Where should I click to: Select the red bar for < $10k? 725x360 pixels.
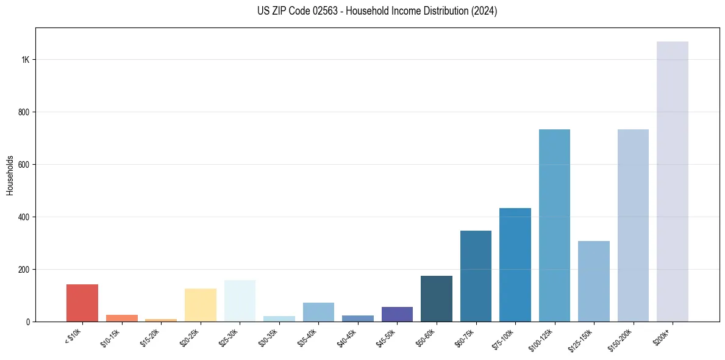82,303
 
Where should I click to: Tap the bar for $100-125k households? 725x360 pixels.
554,225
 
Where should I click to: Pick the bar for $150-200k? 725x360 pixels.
633,225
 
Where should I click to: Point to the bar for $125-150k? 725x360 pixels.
593,281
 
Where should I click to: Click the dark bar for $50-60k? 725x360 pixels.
436,298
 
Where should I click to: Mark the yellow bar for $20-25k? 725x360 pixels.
201,304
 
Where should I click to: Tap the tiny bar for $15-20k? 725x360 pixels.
161,320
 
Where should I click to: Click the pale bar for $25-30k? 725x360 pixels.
240,301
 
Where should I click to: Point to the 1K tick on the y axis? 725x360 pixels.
26,60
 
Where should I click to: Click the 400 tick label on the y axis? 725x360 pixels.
24,217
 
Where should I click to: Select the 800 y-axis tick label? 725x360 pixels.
24,112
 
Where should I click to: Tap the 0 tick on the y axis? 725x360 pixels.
28,322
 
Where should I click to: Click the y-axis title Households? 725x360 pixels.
10,175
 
